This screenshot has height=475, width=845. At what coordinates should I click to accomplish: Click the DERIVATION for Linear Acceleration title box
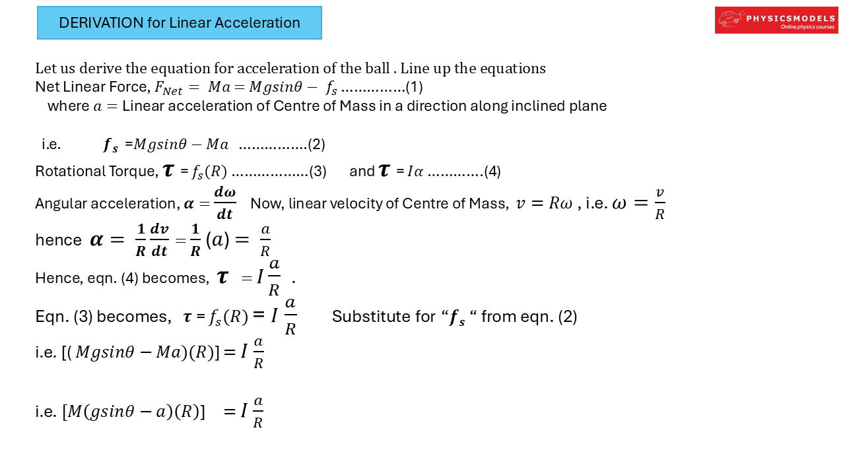click(x=180, y=23)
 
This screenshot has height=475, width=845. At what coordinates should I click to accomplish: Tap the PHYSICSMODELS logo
click(x=776, y=20)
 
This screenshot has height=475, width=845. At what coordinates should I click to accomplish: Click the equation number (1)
click(x=414, y=86)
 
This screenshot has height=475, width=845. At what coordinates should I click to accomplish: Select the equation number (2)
click(x=316, y=144)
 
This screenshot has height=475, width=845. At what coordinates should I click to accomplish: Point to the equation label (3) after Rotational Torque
click(x=318, y=172)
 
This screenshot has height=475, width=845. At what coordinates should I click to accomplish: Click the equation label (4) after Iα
click(x=492, y=172)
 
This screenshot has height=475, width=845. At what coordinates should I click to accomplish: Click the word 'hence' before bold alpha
click(x=58, y=240)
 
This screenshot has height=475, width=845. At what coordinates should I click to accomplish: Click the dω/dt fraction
click(x=224, y=203)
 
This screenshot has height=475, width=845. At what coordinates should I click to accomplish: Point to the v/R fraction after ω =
click(x=659, y=203)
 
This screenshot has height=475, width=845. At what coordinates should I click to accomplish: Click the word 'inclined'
click(x=520, y=106)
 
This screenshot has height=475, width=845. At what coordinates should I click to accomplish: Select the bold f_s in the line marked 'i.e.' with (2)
click(x=110, y=145)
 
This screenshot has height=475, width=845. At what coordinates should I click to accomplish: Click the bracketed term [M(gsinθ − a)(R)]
click(x=134, y=412)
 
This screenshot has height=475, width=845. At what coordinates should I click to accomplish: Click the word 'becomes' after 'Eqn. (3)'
click(x=136, y=317)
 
